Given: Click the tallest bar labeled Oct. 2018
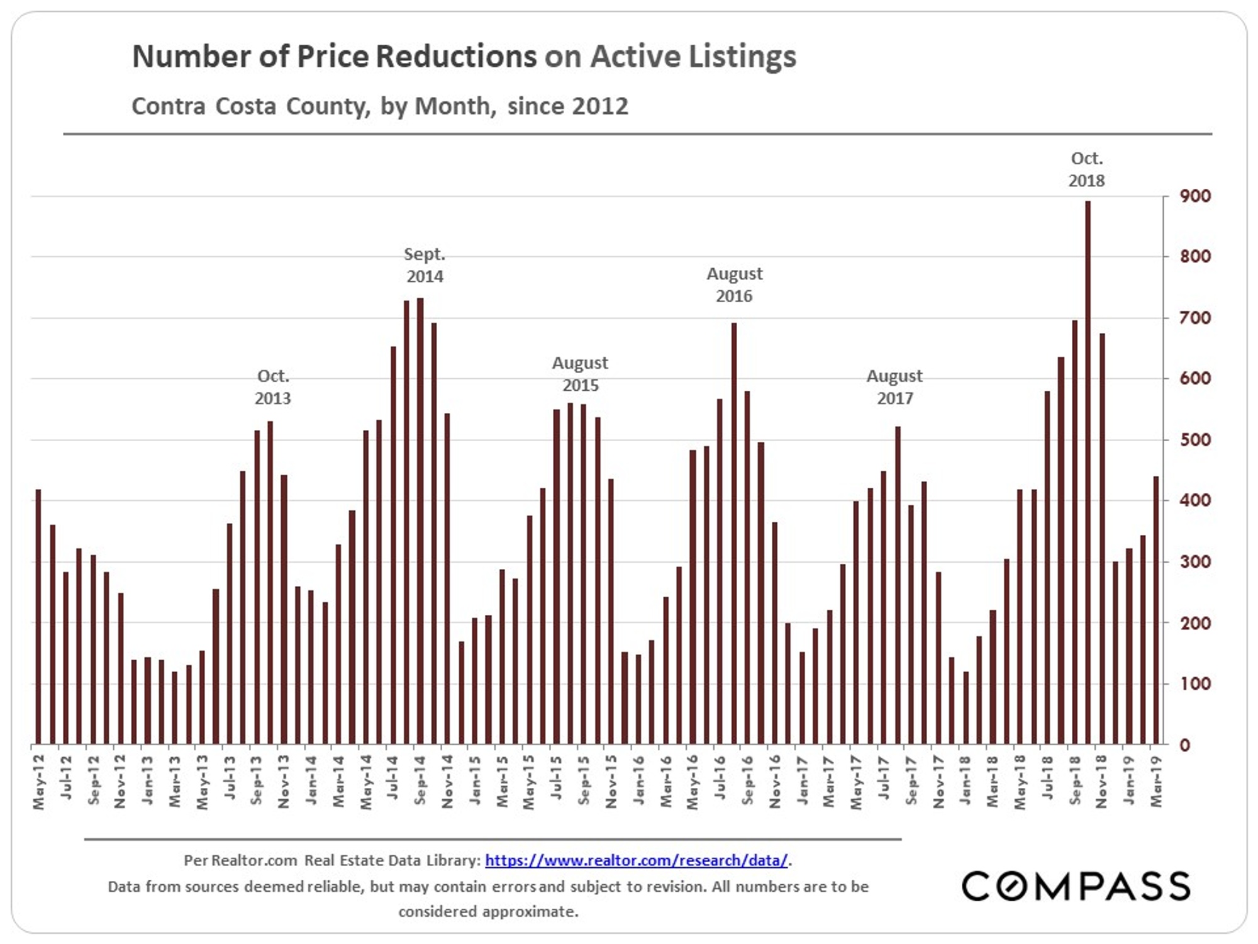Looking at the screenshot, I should pos(1088,472).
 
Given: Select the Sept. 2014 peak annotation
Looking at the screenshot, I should pos(425,265).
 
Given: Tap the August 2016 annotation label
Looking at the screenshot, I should pos(734,284).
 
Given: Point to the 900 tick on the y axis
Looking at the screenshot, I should pos(1195,196).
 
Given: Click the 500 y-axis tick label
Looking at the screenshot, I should pos(1195,440).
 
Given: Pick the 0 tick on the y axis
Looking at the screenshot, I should pos(1185,745).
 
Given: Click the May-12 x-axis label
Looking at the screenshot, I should pos(39,782).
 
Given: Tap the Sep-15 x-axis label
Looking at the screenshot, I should pos(584,780).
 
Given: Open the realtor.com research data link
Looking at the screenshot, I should pos(636,860).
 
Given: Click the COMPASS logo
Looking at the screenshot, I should pos(1076,886).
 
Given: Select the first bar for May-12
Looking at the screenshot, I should pos(38,617).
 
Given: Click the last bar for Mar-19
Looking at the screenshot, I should pos(1156,610).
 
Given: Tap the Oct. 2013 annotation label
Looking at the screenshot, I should pos(272,387).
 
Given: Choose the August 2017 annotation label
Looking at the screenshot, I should pos(894,387).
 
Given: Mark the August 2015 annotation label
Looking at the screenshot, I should pos(580,374).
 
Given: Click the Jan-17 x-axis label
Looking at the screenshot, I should pos(802,780).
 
